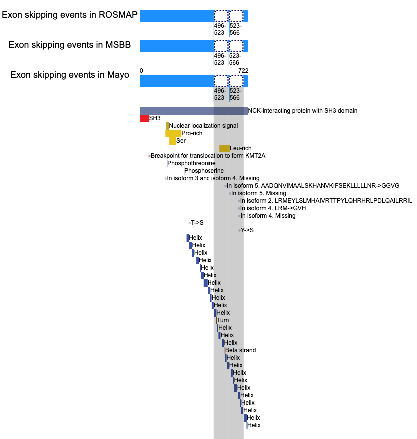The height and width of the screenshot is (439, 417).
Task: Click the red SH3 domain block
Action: tap(144, 118)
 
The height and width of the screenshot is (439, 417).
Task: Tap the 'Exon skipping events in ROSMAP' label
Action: tap(70, 15)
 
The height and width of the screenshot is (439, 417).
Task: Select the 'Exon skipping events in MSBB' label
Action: tap(70, 45)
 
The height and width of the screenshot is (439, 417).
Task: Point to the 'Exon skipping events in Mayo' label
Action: tap(70, 75)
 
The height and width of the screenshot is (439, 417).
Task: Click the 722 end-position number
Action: tap(243, 71)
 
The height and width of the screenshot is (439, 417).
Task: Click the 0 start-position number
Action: tap(141, 71)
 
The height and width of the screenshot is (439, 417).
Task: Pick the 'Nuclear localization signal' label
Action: tap(204, 126)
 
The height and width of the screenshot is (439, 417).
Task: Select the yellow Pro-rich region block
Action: tap(173, 133)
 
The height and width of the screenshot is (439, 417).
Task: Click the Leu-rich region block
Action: tap(225, 148)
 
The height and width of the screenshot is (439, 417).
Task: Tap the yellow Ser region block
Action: tap(173, 141)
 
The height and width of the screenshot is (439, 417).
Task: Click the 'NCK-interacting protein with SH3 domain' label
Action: tap(303, 111)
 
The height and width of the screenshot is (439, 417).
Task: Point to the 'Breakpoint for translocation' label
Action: tap(208, 156)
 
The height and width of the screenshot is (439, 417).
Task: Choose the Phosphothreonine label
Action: tap(192, 163)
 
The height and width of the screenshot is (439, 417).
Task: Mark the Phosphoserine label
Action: tap(204, 171)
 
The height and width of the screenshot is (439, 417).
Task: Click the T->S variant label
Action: tap(197, 223)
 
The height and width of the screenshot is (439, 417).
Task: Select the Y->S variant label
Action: tap(247, 230)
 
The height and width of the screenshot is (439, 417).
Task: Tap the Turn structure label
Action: tap(223, 320)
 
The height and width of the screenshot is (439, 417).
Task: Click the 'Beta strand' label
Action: tap(241, 350)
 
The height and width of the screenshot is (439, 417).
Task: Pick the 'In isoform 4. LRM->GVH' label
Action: tap(273, 208)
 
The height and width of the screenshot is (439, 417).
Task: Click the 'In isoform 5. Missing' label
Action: tap(259, 193)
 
